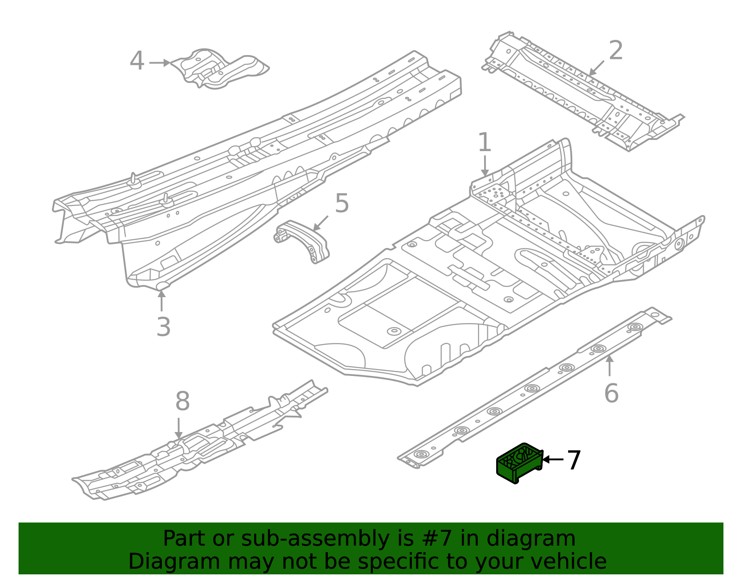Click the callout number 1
[484, 142]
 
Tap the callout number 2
[615, 51]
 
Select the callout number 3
[163, 327]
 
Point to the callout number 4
[137, 62]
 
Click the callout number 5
[342, 204]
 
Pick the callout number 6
[611, 393]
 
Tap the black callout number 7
[574, 460]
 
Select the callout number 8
[182, 401]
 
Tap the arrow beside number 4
[160, 63]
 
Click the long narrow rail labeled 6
[533, 389]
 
